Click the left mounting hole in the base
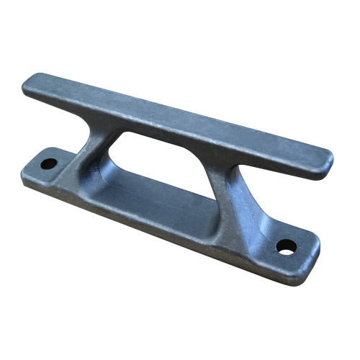(48, 163)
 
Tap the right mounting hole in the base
(286, 247)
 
